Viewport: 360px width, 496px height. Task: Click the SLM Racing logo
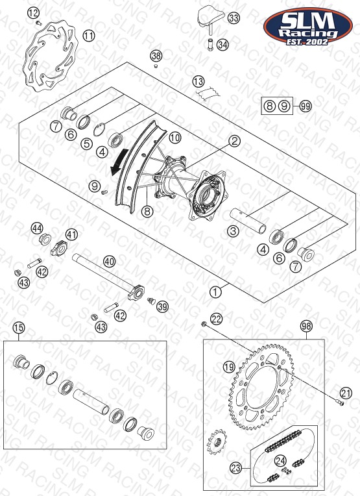(308, 26)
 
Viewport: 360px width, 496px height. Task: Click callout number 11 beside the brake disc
(89, 36)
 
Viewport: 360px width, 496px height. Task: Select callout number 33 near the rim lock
(234, 18)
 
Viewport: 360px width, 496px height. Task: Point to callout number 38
(156, 56)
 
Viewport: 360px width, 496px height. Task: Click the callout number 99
(306, 106)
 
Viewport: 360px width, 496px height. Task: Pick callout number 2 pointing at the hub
(234, 141)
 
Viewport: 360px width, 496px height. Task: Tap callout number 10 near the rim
(174, 138)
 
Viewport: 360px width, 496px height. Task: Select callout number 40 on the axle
(110, 262)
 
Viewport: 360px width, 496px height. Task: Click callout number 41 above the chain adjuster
(72, 235)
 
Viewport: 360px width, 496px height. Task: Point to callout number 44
(37, 229)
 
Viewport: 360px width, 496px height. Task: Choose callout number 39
(162, 306)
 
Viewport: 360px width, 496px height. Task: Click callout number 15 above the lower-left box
(19, 328)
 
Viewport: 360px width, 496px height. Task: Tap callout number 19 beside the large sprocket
(229, 367)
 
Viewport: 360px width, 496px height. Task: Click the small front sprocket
(217, 441)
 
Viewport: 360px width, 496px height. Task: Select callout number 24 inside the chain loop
(281, 461)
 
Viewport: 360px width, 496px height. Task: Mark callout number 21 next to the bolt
(346, 393)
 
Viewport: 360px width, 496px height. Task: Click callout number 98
(306, 326)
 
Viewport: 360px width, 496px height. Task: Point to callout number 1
(215, 292)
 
